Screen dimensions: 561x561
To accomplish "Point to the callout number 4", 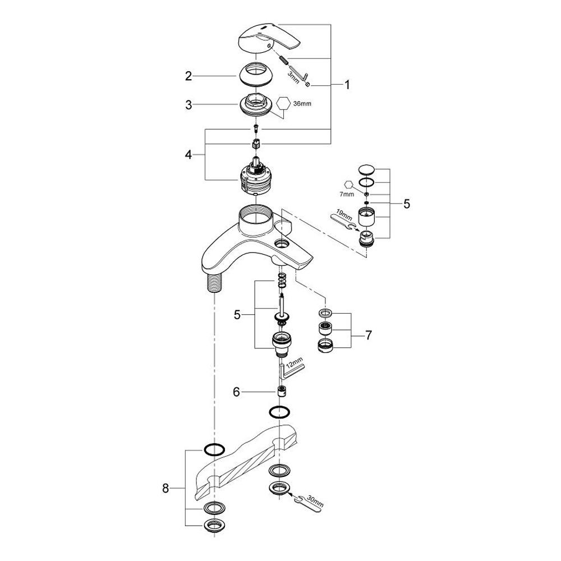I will click(x=188, y=154).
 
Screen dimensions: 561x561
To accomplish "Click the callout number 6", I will click(x=237, y=392).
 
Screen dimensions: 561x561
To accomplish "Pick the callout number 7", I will click(x=368, y=335).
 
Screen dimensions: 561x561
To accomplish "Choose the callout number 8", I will click(x=165, y=489).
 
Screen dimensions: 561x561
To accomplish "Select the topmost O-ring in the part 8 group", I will click(x=213, y=449).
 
